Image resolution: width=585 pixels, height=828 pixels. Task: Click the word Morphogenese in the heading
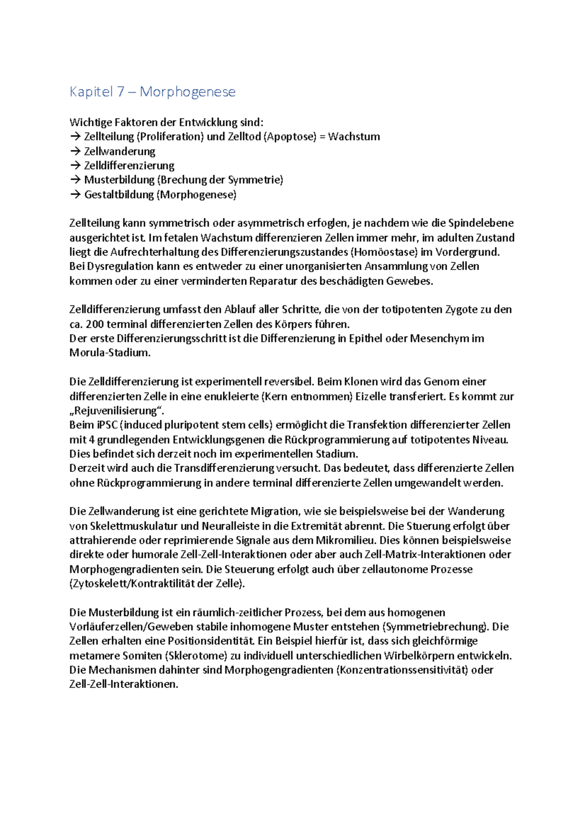tap(187, 92)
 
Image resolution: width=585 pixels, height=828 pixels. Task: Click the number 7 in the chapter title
tap(120, 92)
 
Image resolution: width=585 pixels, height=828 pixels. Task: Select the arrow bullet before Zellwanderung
tap(75, 151)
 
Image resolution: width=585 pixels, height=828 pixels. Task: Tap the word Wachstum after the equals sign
tap(354, 137)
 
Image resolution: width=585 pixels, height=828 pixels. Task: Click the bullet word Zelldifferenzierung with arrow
tap(129, 166)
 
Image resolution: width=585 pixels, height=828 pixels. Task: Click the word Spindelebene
tap(481, 223)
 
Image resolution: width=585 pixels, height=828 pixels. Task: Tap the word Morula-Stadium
tap(110, 353)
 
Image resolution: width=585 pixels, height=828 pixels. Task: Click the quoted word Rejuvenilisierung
tap(120, 411)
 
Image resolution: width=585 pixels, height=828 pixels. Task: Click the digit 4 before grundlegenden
tap(91, 439)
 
